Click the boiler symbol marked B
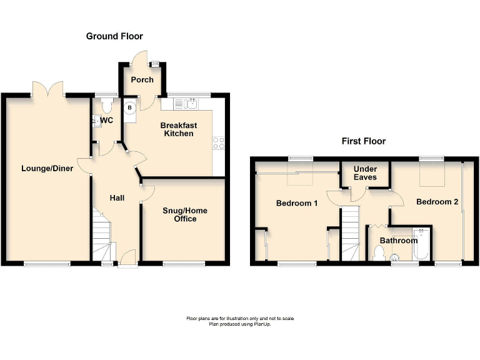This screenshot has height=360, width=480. [130, 107]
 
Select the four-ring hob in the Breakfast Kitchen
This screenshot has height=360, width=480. [219, 143]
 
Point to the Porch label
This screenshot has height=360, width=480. [142, 80]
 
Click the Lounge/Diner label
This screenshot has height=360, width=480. [47, 168]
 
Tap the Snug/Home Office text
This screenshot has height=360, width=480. [185, 214]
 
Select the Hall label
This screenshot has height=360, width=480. [117, 198]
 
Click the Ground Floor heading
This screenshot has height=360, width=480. [114, 37]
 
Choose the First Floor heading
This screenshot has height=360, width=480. [363, 141]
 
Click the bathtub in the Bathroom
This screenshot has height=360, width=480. [421, 245]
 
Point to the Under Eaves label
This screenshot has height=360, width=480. [365, 173]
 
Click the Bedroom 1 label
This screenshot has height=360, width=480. [297, 203]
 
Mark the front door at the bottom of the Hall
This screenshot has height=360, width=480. [127, 258]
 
